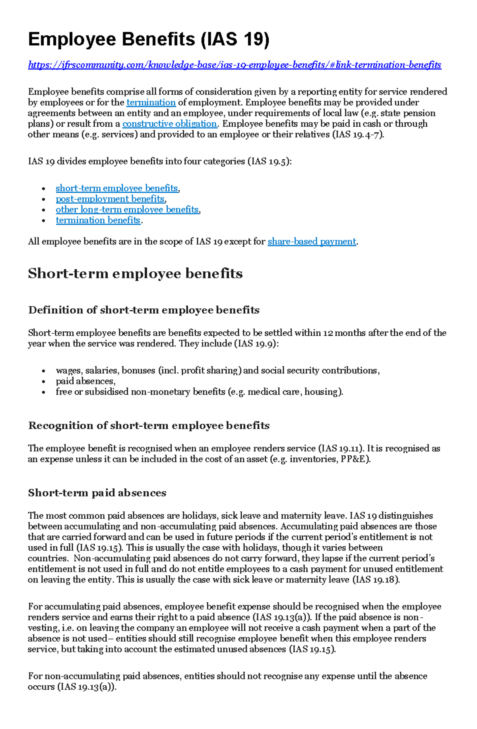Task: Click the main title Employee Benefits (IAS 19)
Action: tap(149, 40)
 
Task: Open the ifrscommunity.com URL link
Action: tap(235, 65)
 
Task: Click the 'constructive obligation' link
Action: tap(170, 124)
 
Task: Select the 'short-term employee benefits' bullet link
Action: tap(117, 188)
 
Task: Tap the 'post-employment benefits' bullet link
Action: tap(110, 199)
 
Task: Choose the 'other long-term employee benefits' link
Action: tap(127, 210)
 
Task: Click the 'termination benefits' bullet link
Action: tap(98, 220)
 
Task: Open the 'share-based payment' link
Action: tap(312, 242)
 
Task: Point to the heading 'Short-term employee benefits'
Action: tap(135, 274)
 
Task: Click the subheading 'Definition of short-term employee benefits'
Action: tap(143, 310)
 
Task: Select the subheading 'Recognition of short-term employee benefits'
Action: tap(149, 426)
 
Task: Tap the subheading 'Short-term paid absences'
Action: tap(97, 493)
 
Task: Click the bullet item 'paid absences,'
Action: tap(85, 381)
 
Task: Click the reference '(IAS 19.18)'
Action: tap(376, 580)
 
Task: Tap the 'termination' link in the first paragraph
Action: tap(151, 102)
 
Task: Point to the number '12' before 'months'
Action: tap(328, 333)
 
